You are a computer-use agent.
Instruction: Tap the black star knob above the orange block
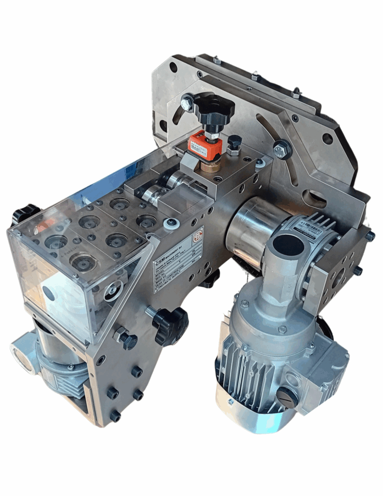coord(213,108)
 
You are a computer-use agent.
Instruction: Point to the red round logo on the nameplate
coord(197,237)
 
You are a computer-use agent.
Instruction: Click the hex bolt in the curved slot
coord(281,149)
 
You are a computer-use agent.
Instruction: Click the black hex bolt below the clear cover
coord(127,340)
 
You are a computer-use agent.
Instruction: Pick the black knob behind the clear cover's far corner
coord(24,213)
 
